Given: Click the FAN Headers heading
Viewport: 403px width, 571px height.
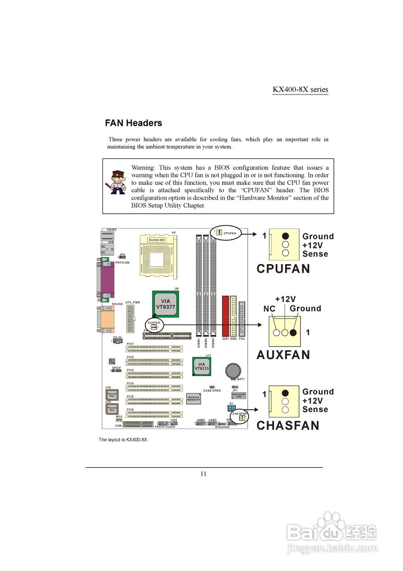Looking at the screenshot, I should [x=133, y=123].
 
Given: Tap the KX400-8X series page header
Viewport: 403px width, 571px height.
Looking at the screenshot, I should [x=300, y=89].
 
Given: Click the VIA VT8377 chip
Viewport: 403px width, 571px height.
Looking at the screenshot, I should [x=165, y=304].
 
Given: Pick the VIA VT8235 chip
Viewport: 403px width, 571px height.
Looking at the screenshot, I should [x=201, y=367].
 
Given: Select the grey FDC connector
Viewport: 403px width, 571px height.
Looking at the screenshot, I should [x=242, y=319].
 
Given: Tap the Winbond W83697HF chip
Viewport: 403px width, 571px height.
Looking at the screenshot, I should [x=193, y=399].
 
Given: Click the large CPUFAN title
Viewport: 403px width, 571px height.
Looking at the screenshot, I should [x=283, y=269].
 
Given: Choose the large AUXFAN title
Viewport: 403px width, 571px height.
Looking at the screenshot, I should [x=283, y=355].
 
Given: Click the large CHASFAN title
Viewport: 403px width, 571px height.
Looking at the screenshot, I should [x=288, y=426].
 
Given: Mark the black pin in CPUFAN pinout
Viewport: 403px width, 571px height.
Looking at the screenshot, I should [x=285, y=236].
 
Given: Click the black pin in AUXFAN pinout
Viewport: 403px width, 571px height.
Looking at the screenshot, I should [x=293, y=332].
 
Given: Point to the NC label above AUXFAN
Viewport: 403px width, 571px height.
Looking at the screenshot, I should [x=269, y=309].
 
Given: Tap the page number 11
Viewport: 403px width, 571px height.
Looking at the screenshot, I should [x=203, y=474].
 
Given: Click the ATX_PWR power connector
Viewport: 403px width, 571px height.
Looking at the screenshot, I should [x=131, y=319].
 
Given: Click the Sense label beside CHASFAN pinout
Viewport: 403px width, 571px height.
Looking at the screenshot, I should [x=315, y=410].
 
